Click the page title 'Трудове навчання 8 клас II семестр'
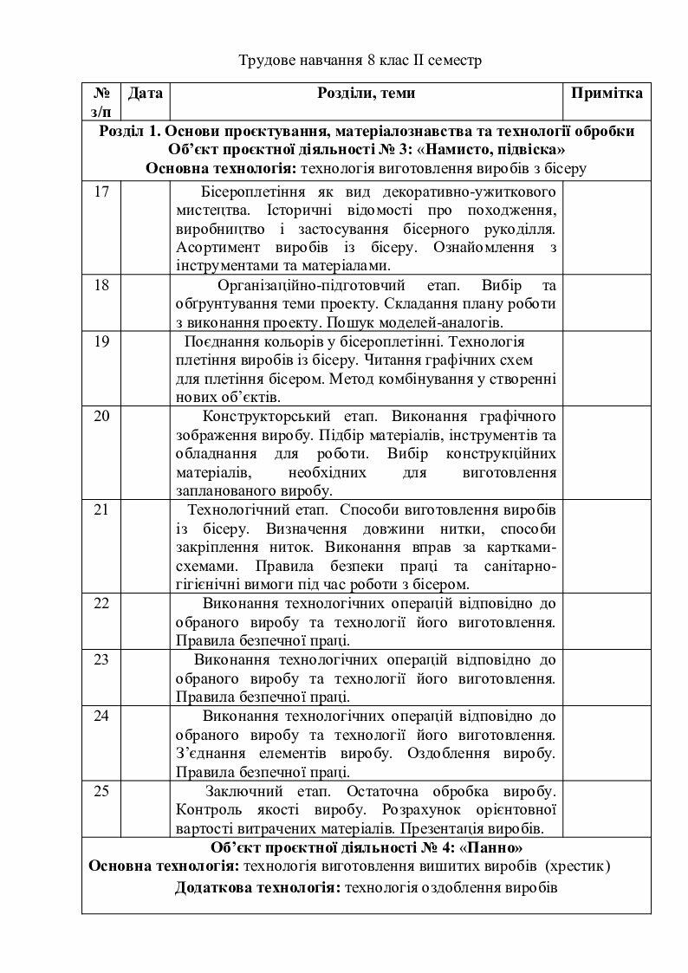tap(360, 62)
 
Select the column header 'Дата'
tap(145, 93)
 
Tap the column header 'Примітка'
tap(607, 93)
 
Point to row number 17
tap(101, 191)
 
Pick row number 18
tap(101, 284)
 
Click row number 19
tap(101, 341)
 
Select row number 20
tap(101, 417)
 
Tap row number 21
tap(101, 509)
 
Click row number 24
tap(101, 716)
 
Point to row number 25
tap(101, 791)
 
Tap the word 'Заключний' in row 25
tap(243, 792)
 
